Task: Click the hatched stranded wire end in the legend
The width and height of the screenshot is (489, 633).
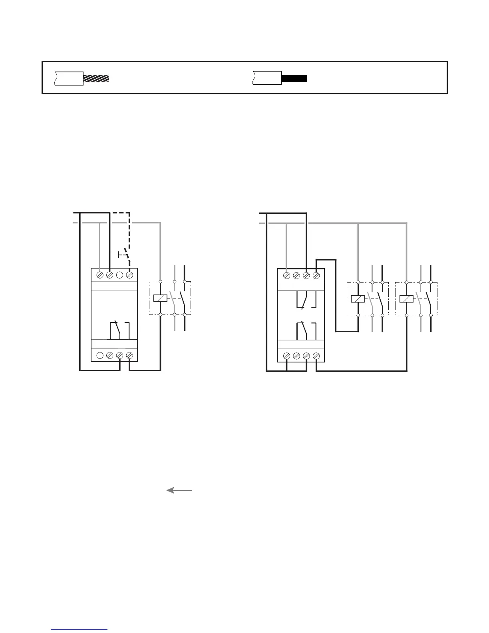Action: coord(96,78)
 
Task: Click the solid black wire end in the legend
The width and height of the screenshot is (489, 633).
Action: coord(294,78)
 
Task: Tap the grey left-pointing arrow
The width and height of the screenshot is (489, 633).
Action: coord(179,490)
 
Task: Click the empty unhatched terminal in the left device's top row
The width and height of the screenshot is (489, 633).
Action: coord(119,275)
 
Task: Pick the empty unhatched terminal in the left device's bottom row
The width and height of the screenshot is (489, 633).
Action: coord(100,355)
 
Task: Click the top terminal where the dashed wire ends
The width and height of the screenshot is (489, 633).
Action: coord(129,275)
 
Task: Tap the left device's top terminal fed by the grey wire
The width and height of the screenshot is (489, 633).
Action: coord(100,275)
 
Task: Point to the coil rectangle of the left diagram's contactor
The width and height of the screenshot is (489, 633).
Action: coord(160,298)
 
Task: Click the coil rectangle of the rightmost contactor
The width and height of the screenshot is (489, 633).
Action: coord(406,299)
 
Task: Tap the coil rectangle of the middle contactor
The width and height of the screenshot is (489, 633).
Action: coord(358,299)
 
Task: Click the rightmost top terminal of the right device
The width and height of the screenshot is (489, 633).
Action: coord(316,275)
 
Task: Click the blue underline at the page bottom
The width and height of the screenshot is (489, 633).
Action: coord(79,630)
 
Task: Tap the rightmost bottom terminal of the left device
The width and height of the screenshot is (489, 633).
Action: coord(129,355)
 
